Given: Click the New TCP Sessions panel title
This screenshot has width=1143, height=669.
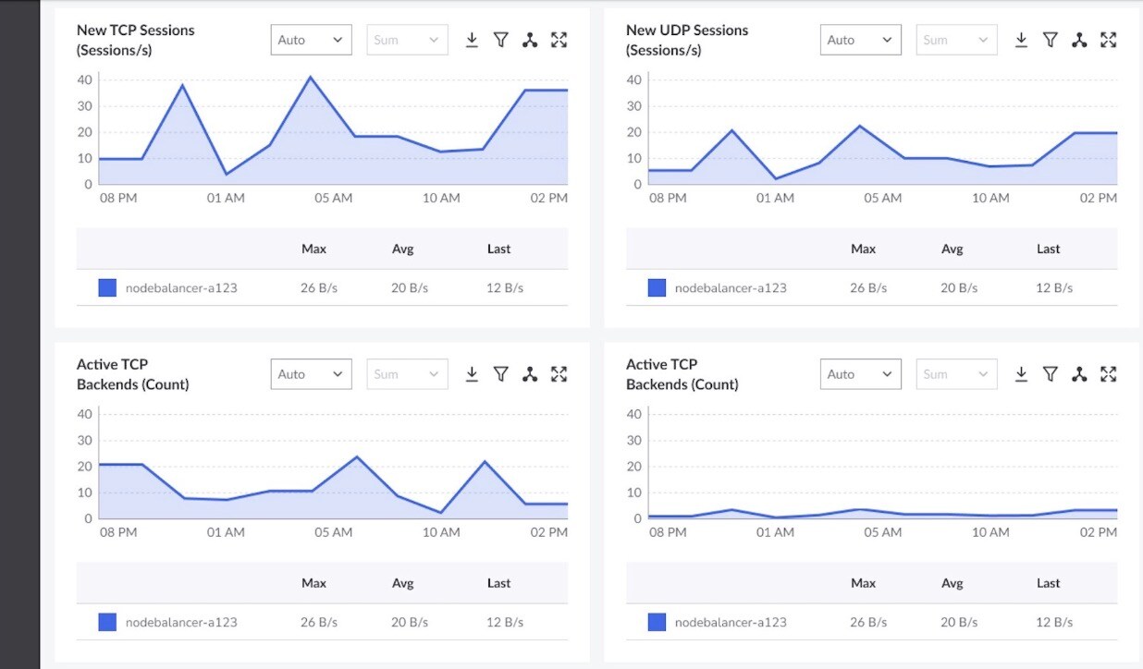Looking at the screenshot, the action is [135, 40].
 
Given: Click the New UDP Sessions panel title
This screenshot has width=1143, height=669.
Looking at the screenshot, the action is [687, 40].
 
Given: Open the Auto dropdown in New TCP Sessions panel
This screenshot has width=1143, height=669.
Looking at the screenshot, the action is [312, 40].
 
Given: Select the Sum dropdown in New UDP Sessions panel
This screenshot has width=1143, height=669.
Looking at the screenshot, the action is [956, 40].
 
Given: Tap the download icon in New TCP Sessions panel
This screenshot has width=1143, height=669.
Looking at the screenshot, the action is [472, 40].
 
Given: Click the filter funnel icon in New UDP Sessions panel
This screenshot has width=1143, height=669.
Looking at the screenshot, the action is [1051, 40].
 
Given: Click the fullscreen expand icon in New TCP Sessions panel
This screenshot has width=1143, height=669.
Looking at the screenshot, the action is [559, 40].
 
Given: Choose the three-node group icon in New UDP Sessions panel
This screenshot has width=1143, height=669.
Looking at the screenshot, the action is [1079, 40].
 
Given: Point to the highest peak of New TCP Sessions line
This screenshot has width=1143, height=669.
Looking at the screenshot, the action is [310, 77].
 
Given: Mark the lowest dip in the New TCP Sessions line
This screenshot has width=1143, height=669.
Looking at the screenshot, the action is [226, 175].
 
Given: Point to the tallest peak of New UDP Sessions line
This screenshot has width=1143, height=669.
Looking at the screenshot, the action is [860, 126].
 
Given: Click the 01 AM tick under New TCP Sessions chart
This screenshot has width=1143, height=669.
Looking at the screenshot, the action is [226, 198].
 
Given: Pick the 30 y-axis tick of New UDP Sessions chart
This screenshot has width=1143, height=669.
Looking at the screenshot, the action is [633, 106].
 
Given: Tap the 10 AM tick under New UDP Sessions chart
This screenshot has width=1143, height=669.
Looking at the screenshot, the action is [990, 198].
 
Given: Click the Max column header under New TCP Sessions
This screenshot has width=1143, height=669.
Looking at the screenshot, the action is [313, 249].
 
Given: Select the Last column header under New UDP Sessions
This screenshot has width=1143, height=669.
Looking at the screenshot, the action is [1048, 249].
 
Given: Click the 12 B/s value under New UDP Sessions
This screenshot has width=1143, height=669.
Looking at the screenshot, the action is [1054, 288].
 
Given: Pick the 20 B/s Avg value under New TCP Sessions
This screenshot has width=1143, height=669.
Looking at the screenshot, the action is [410, 288].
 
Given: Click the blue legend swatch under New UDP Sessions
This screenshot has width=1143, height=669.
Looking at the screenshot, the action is [657, 287].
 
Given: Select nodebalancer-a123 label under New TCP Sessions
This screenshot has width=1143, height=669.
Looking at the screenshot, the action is [181, 288].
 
